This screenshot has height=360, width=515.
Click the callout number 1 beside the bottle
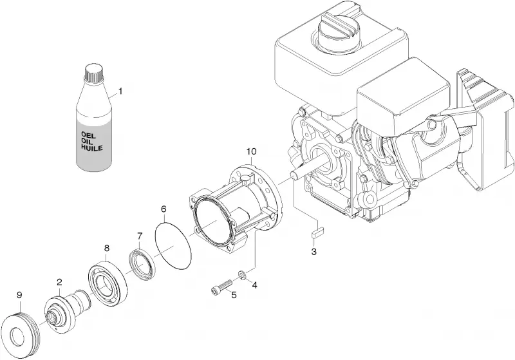point(120,91)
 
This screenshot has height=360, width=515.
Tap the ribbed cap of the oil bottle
point(94,72)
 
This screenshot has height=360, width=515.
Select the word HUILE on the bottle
point(91,148)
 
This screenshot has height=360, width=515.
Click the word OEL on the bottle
point(88,135)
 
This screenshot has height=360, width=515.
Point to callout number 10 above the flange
point(252,151)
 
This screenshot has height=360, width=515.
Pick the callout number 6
point(164,209)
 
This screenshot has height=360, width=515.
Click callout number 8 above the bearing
point(106,248)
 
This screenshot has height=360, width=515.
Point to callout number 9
point(19,295)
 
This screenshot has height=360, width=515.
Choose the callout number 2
point(59,282)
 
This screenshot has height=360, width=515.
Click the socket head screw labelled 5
point(221,285)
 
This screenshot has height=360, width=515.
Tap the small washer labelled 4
point(242,274)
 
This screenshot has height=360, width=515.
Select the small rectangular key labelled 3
point(317,234)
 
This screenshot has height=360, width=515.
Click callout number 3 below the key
point(314,252)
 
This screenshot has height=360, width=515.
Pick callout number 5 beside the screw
point(234,295)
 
